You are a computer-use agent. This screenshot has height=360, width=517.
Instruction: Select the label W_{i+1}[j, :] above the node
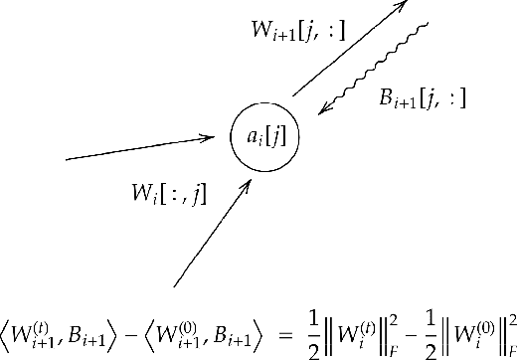[297, 31]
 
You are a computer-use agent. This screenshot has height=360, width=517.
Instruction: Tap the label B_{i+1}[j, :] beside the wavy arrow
[423, 97]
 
